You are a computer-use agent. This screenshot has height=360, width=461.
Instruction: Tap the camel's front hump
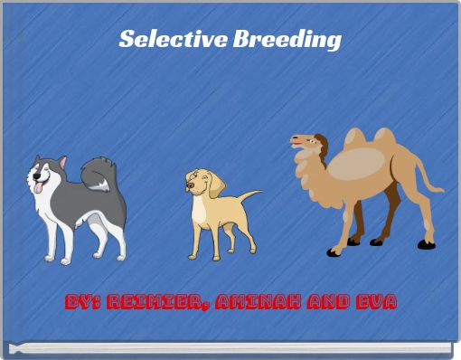click(355, 138)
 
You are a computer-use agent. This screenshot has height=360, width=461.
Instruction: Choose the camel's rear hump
click(384, 138)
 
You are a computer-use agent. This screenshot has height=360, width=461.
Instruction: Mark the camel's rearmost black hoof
click(425, 243)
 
